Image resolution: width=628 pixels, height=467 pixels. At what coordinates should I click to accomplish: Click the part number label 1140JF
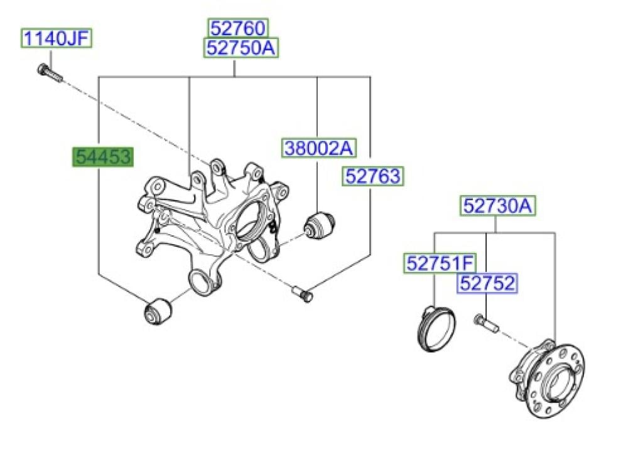[57, 39]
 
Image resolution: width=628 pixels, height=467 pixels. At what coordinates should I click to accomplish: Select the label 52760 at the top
[238, 28]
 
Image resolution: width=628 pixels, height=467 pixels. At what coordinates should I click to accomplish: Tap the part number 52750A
[241, 48]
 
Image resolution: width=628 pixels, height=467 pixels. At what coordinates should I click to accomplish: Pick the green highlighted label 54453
[102, 156]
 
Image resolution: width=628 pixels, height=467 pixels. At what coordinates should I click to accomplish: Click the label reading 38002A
[319, 148]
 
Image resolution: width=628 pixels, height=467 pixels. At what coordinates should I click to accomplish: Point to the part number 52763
[373, 176]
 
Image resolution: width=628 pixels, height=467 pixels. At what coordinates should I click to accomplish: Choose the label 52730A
[497, 206]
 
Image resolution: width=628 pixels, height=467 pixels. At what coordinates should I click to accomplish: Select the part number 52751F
[440, 263]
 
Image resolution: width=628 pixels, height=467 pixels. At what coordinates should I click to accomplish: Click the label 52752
[487, 283]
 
